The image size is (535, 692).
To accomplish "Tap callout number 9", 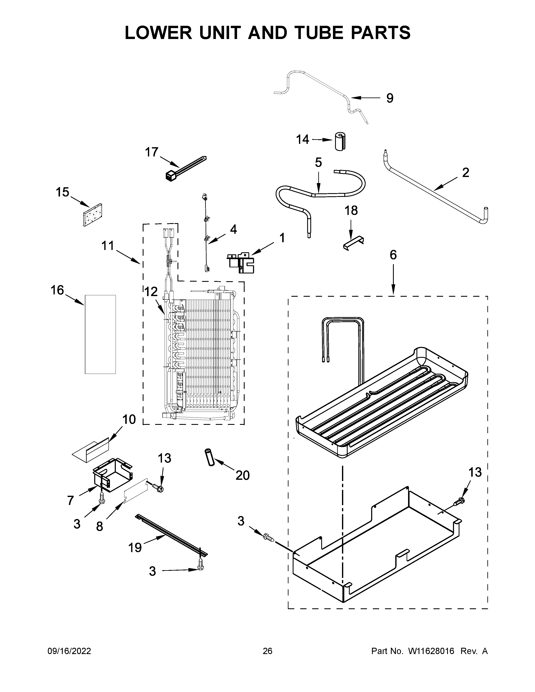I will [x=390, y=98].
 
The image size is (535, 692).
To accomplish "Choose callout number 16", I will [x=57, y=290].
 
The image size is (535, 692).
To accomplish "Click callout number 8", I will [x=99, y=526].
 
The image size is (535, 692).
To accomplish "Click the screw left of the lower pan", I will [x=268, y=536].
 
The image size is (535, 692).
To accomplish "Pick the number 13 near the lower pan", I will [x=475, y=481].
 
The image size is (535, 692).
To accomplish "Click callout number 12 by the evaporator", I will [x=151, y=291].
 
